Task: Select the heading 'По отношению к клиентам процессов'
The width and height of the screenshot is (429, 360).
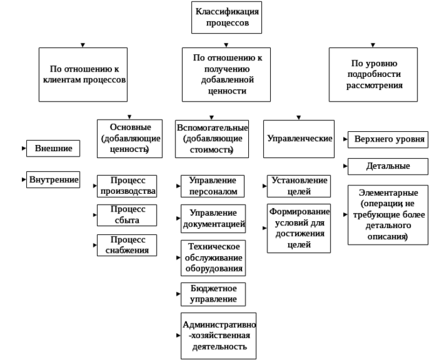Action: pyautogui.click(x=86, y=75)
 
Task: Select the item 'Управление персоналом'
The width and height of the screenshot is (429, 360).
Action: pyautogui.click(x=213, y=185)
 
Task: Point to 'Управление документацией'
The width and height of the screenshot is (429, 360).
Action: pyautogui.click(x=213, y=218)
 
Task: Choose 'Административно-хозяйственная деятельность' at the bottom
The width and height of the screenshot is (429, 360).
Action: pyautogui.click(x=215, y=335)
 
